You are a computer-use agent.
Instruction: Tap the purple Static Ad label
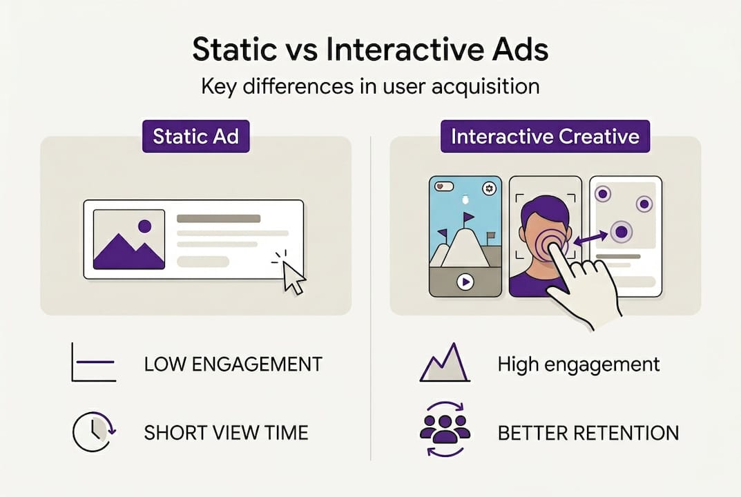click(x=195, y=136)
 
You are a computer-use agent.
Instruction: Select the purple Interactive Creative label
click(x=545, y=136)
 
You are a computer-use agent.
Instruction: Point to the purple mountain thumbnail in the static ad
click(x=128, y=240)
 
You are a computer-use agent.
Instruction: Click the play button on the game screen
click(x=465, y=282)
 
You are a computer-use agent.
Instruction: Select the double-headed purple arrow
click(x=591, y=238)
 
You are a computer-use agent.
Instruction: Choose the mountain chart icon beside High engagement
click(x=444, y=363)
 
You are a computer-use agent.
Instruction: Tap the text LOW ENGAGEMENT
click(x=233, y=364)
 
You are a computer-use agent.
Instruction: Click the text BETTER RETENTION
click(x=588, y=433)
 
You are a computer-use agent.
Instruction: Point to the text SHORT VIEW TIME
click(x=226, y=433)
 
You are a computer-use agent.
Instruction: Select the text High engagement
click(x=579, y=364)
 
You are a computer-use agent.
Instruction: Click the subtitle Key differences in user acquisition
click(x=370, y=88)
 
